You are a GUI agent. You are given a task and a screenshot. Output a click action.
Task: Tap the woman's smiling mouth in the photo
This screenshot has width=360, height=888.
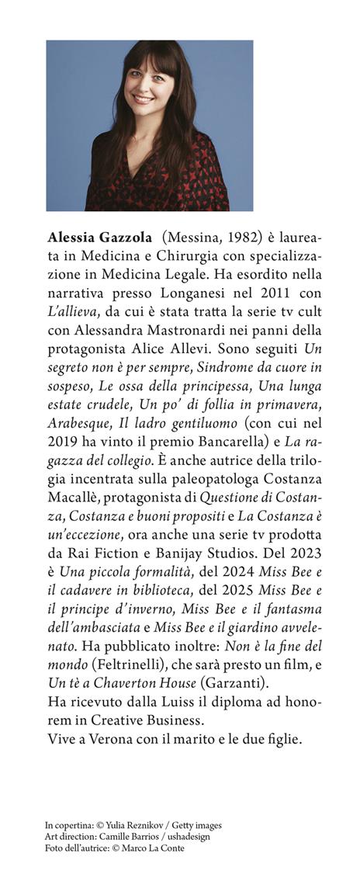tap(142, 99)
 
